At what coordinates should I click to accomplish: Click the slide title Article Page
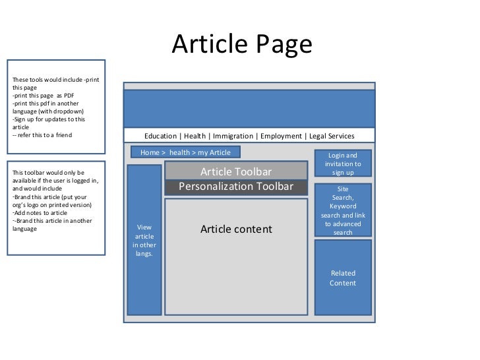point(241,44)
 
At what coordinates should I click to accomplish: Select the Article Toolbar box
point(236,171)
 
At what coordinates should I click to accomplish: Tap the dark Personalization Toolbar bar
point(236,187)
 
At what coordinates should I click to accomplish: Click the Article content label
point(236,229)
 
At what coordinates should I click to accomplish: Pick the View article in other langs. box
point(144,240)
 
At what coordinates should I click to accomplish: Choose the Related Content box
point(343,278)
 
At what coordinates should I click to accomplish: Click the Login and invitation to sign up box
point(343,164)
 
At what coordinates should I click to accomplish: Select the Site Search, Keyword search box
point(343,210)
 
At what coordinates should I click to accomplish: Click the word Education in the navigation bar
point(160,136)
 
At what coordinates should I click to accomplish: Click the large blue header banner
point(249,108)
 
